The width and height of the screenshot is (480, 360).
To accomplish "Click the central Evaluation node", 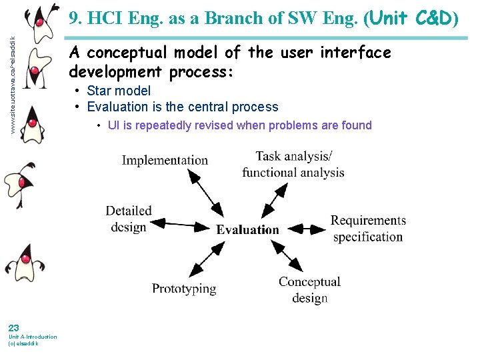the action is tap(248, 229).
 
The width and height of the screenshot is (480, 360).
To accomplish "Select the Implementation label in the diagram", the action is tap(165, 160).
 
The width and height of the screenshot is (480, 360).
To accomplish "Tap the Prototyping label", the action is tap(184, 289).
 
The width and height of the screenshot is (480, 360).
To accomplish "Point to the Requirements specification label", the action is tap(368, 228).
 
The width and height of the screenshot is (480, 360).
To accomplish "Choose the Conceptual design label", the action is tap(309, 290).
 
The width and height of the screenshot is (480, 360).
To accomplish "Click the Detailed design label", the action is tap(129, 219).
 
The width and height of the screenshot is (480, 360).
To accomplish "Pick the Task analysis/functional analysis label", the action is tap(293, 164).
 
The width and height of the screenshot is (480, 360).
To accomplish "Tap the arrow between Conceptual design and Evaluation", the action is tap(285, 257).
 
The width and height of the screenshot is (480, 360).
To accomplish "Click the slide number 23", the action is tap(13, 327).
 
